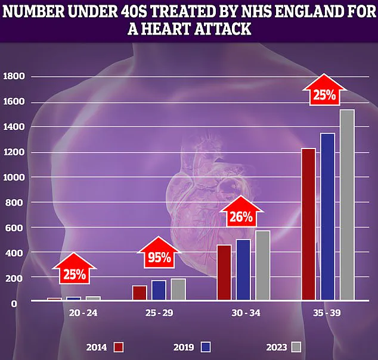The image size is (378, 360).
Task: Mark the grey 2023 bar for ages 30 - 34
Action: coord(262,265)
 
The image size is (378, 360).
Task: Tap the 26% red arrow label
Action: coord(241,216)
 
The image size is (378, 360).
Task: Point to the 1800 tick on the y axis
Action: coord(14,77)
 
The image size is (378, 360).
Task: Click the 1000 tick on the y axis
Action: coord(14,178)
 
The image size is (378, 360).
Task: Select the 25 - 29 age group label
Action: coord(159,312)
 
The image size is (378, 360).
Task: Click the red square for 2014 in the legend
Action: coord(119,346)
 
